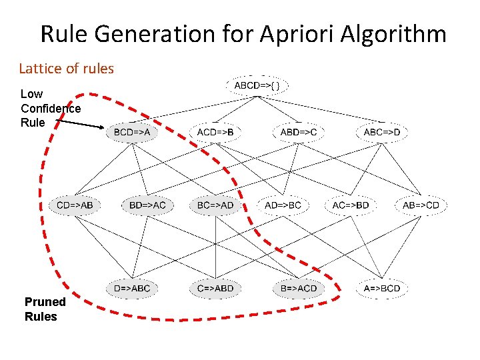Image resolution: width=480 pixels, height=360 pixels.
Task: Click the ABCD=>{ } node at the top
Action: (x=261, y=86)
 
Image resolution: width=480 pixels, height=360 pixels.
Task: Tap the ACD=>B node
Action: (x=215, y=133)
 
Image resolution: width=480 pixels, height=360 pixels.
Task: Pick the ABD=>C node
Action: (x=299, y=133)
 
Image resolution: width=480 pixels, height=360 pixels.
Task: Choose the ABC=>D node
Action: (x=382, y=133)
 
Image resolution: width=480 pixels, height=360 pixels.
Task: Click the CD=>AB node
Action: (x=75, y=205)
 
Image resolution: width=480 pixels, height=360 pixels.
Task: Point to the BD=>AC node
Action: (x=147, y=205)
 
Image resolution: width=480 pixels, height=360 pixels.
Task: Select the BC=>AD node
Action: (x=215, y=205)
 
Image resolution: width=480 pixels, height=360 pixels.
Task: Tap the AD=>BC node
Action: (x=283, y=205)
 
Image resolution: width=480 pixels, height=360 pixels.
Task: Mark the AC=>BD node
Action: (x=351, y=205)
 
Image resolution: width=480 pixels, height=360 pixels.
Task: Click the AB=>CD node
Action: (x=421, y=205)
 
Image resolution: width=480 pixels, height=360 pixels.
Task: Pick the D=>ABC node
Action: (x=132, y=289)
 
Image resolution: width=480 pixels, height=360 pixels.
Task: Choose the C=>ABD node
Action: (x=215, y=289)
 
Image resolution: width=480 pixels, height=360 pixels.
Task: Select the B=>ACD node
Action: (x=299, y=289)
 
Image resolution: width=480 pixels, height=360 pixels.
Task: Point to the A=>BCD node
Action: (x=382, y=289)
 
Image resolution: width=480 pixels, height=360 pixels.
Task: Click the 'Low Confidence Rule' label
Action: (x=50, y=108)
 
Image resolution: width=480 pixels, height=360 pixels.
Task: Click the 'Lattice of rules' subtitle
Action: (x=66, y=68)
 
